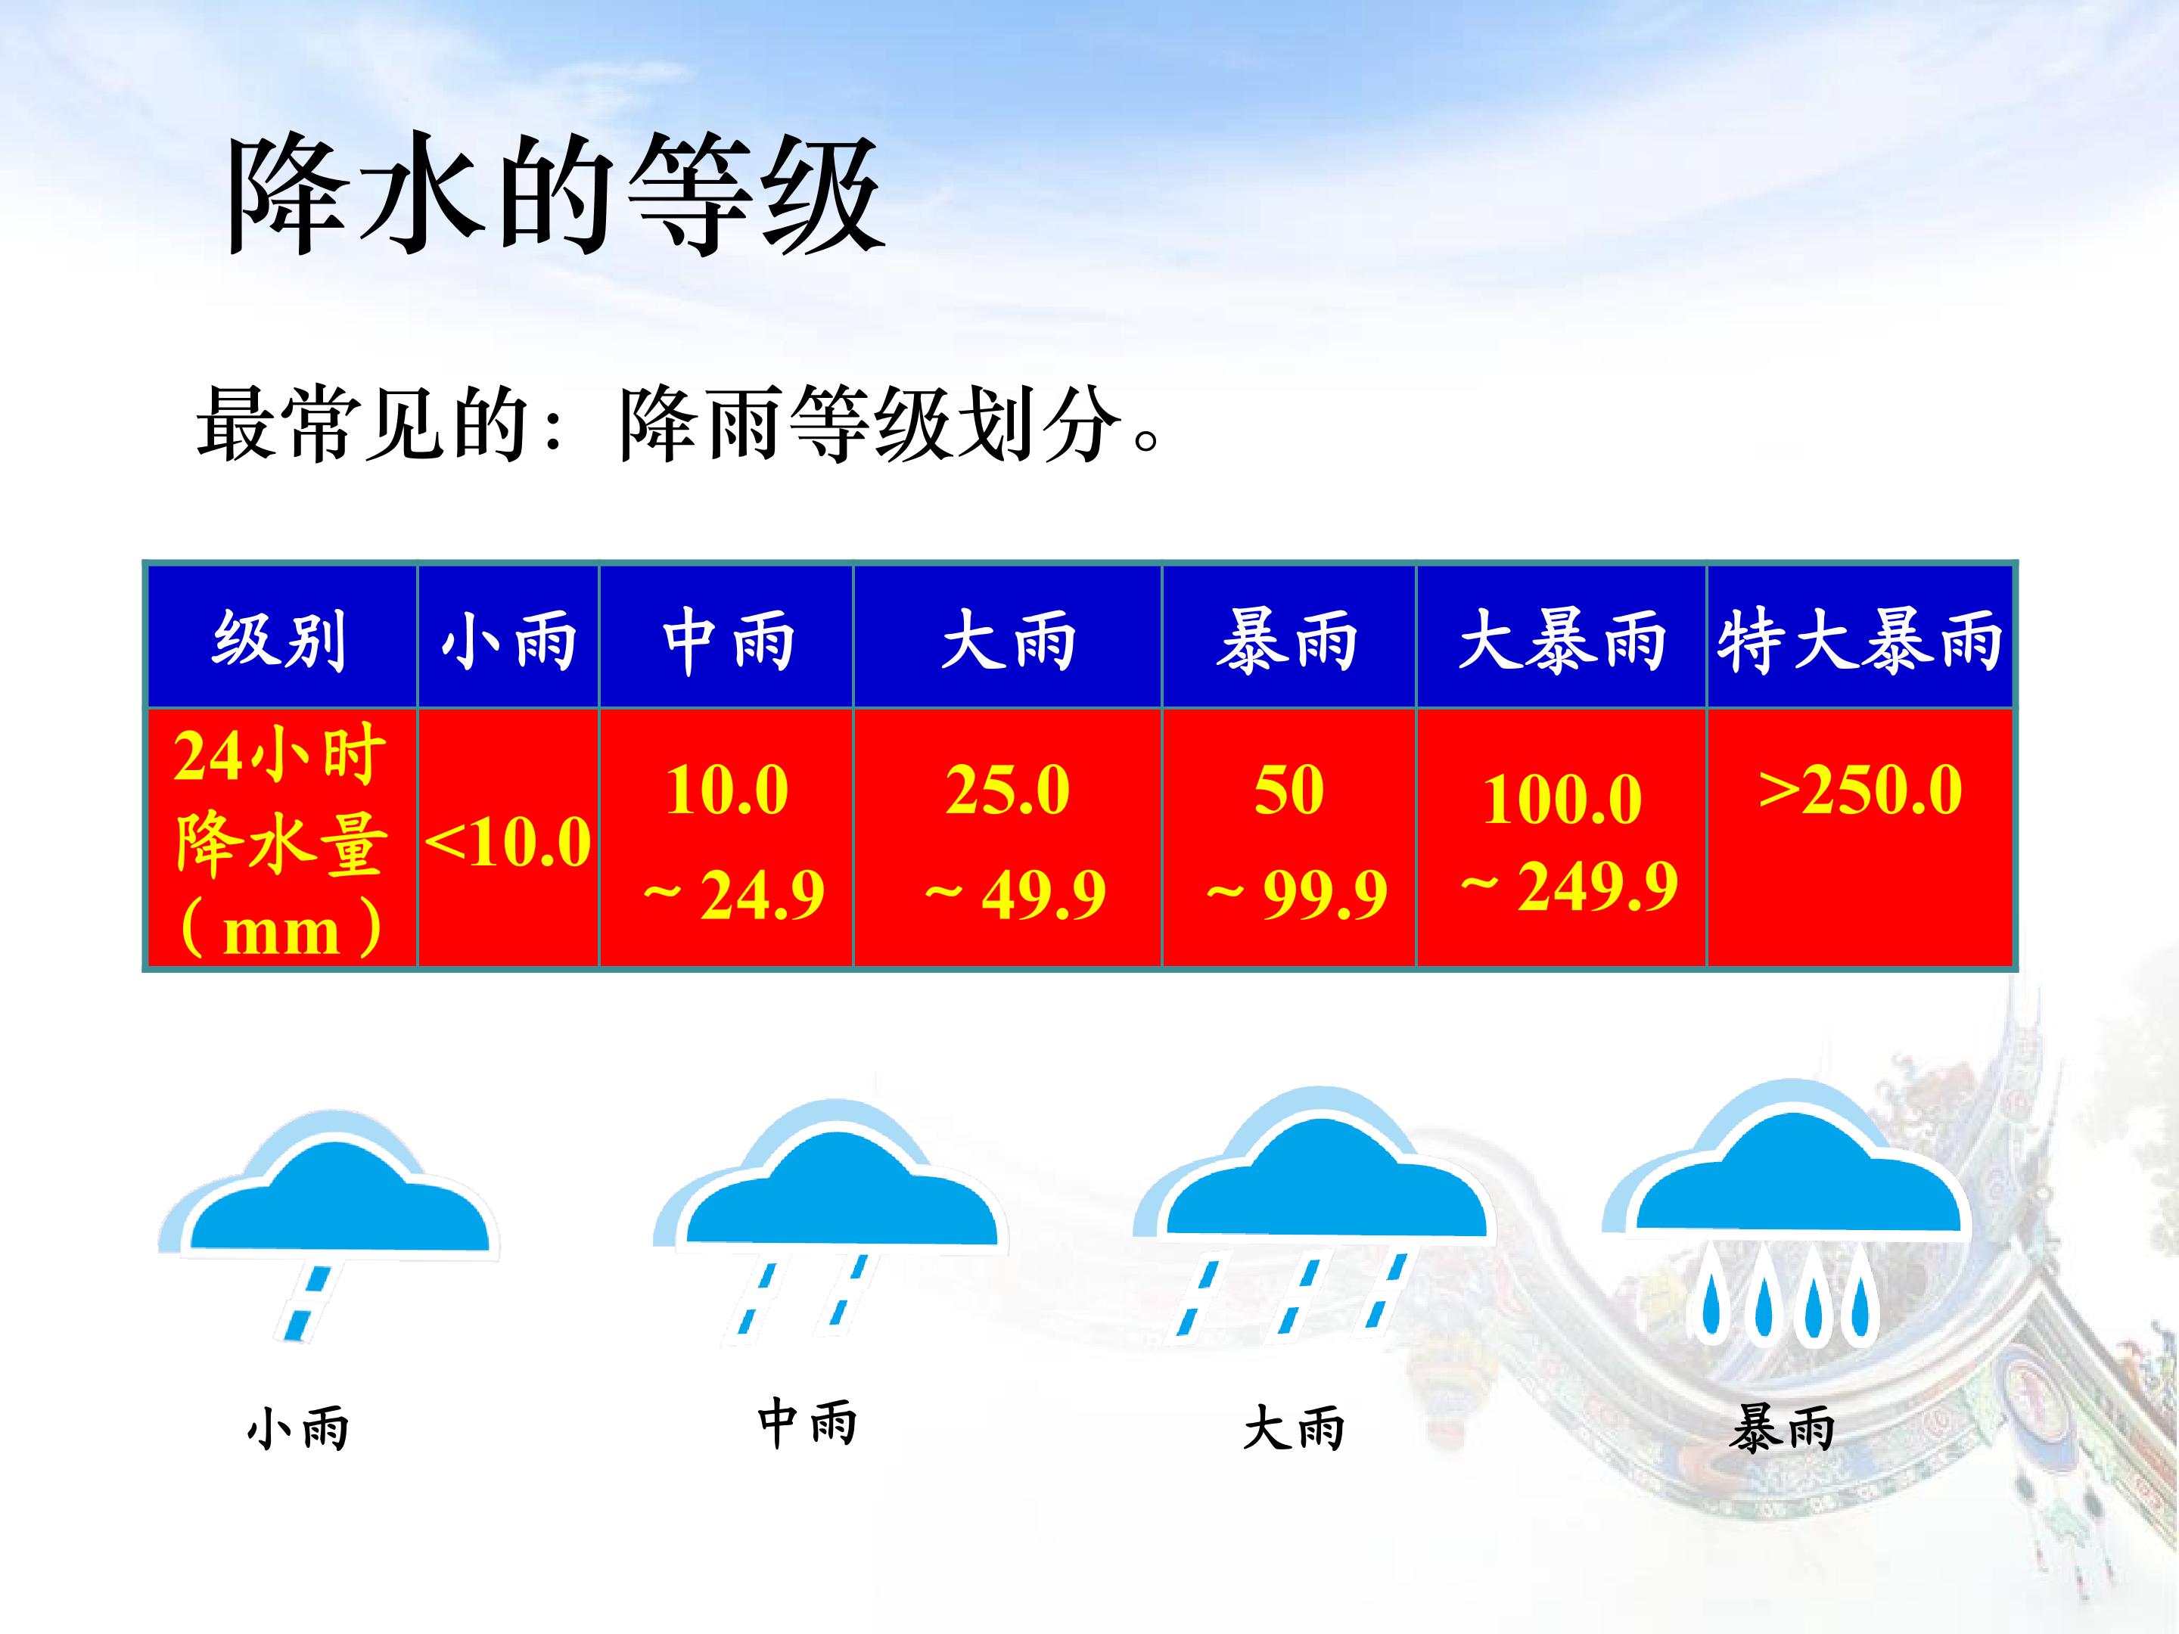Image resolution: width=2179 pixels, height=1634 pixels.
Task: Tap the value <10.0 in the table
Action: pos(508,842)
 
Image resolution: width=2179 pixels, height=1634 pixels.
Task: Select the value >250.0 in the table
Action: pos(1860,790)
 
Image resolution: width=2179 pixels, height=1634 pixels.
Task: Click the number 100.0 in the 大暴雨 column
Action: pos(1562,799)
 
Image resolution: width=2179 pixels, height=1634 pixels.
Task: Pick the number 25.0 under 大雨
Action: pos(1008,790)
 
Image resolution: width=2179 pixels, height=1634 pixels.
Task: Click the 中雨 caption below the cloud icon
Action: pos(807,1424)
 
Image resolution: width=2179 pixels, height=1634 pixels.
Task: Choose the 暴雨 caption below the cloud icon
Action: pos(1781,1429)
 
